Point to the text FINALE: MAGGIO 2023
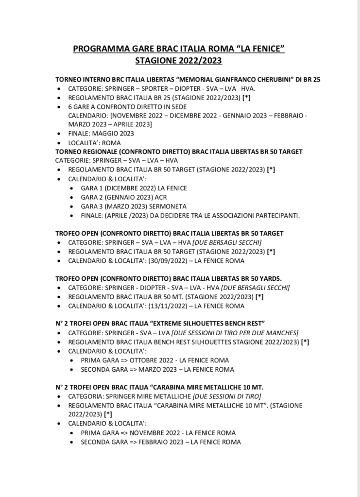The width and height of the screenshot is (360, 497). coord(101,134)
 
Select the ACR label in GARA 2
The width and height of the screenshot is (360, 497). coord(148,197)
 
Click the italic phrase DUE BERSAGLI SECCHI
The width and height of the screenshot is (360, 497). coord(235,242)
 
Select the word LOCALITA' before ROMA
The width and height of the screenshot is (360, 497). coord(86,143)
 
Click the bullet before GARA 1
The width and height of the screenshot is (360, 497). coord(71,189)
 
